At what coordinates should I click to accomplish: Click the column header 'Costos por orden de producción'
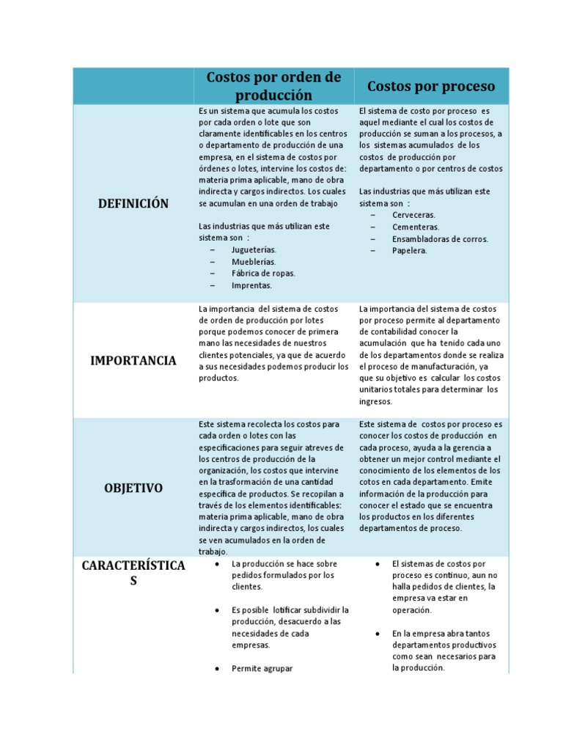point(273,86)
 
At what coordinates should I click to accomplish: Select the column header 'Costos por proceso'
point(431,86)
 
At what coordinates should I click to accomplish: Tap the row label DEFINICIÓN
point(133,203)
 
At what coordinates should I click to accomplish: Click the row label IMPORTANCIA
point(133,360)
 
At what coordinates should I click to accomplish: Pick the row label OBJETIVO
point(133,488)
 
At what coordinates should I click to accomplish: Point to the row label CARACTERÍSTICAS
point(133,573)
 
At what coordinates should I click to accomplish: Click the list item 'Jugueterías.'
point(254,250)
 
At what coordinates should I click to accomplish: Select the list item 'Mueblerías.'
point(254,262)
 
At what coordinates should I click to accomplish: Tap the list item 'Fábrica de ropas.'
point(263,274)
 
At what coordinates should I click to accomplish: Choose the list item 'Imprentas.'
point(251,285)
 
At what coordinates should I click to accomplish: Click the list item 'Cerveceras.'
point(413,215)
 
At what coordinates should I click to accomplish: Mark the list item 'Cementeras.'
point(415,227)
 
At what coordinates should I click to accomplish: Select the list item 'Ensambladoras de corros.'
point(440,238)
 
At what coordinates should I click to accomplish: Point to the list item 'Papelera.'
point(409,250)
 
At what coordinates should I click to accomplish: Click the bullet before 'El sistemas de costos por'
point(377,563)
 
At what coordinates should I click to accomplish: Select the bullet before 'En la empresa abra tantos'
point(377,633)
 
